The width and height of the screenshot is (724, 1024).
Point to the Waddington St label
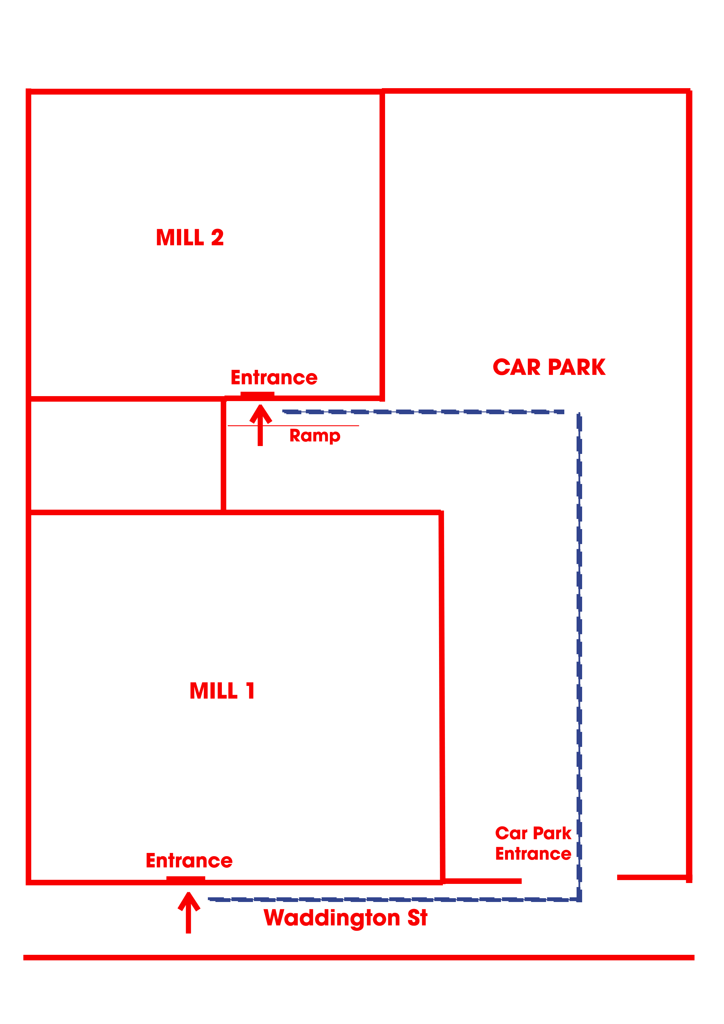click(345, 918)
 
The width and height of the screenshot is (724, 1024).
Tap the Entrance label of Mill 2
click(274, 378)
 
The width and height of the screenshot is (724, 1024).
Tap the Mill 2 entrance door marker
click(257, 394)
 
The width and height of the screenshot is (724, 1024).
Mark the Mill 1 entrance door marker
click(186, 879)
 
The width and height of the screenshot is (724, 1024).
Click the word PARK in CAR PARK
click(577, 368)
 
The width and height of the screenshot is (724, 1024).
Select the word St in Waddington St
click(417, 918)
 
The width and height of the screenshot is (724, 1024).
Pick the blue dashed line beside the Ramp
click(424, 412)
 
